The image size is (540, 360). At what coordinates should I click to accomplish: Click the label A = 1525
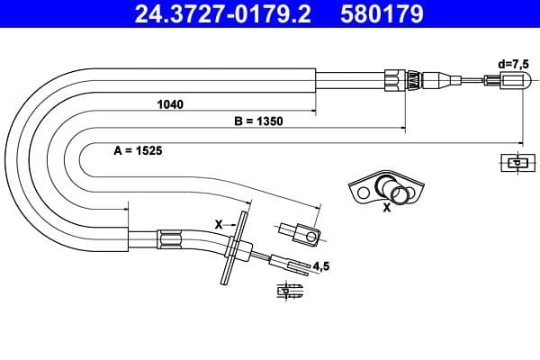(138, 152)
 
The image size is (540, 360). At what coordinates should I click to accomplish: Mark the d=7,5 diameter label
(514, 63)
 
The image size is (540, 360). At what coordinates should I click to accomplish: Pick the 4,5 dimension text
(322, 265)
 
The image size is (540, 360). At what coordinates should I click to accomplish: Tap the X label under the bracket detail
(386, 208)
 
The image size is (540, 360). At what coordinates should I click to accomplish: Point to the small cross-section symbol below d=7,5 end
(514, 163)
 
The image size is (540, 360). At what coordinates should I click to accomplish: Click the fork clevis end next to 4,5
(289, 265)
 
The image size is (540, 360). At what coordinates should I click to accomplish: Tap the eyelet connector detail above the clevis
(301, 234)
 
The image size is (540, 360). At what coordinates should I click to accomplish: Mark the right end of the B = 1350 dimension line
(402, 128)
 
